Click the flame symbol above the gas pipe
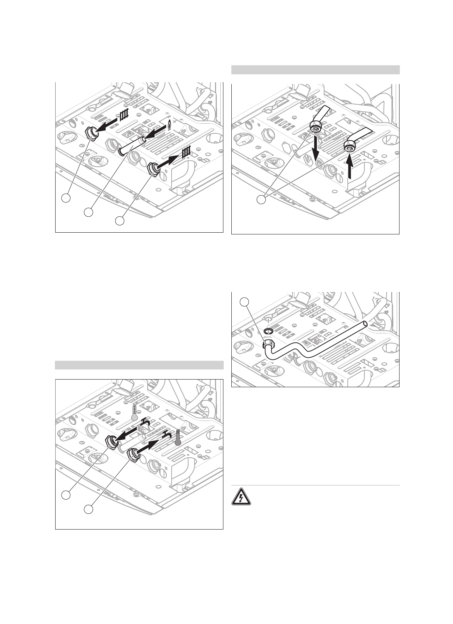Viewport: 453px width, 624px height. pos(169,125)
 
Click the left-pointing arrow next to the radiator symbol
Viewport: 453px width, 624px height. pos(106,125)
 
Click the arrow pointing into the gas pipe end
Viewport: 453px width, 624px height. pos(155,134)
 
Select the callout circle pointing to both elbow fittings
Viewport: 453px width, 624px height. pos(262,200)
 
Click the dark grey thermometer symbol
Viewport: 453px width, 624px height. pos(178,438)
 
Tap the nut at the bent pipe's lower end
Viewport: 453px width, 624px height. pos(268,345)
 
